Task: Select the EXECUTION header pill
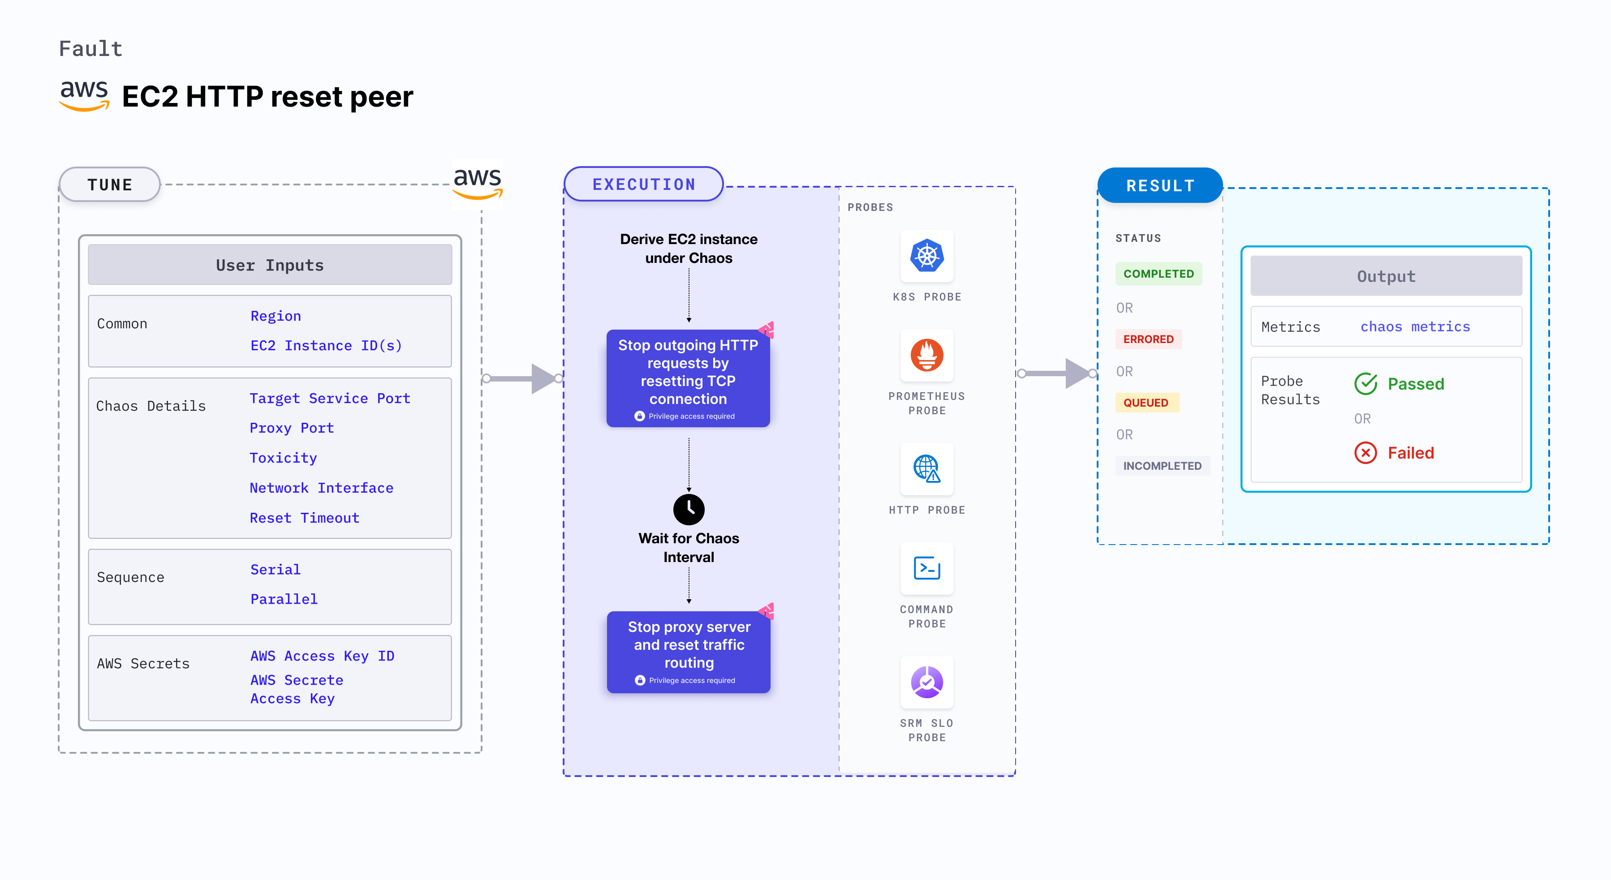(643, 185)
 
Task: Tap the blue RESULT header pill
(1160, 185)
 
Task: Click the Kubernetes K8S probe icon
(927, 256)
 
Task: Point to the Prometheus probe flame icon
(927, 355)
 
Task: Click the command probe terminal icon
(927, 568)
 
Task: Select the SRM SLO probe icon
(927, 682)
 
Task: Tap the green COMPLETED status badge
(1158, 274)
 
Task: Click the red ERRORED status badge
(1148, 339)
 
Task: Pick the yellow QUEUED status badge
(1146, 403)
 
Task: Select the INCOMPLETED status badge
(1162, 466)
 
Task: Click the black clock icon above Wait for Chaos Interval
(689, 509)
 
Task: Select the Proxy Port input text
(292, 428)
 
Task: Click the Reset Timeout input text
(305, 518)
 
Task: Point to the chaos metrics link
(1415, 327)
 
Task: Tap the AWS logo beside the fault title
(84, 95)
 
